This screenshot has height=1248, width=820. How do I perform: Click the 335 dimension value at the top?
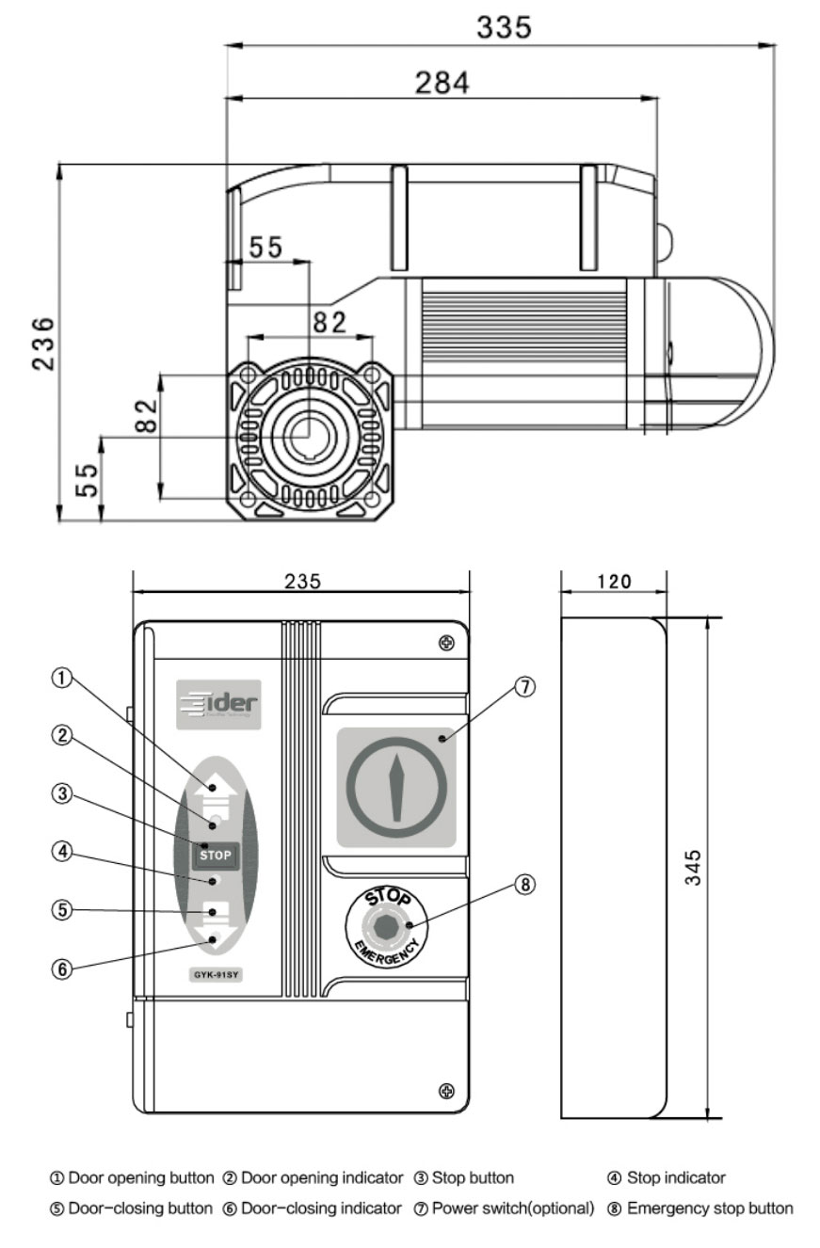(x=504, y=27)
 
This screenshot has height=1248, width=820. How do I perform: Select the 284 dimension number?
(x=442, y=83)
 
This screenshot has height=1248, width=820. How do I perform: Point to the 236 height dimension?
(x=43, y=343)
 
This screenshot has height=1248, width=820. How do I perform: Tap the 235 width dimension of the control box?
(x=302, y=581)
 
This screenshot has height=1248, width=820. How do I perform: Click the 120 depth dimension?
(x=614, y=581)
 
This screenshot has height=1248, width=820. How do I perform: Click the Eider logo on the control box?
(x=217, y=704)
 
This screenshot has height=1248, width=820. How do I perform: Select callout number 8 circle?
(x=524, y=885)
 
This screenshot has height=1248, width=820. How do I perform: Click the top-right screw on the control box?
(x=446, y=643)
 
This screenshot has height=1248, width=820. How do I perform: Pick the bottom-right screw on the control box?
(x=446, y=1091)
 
